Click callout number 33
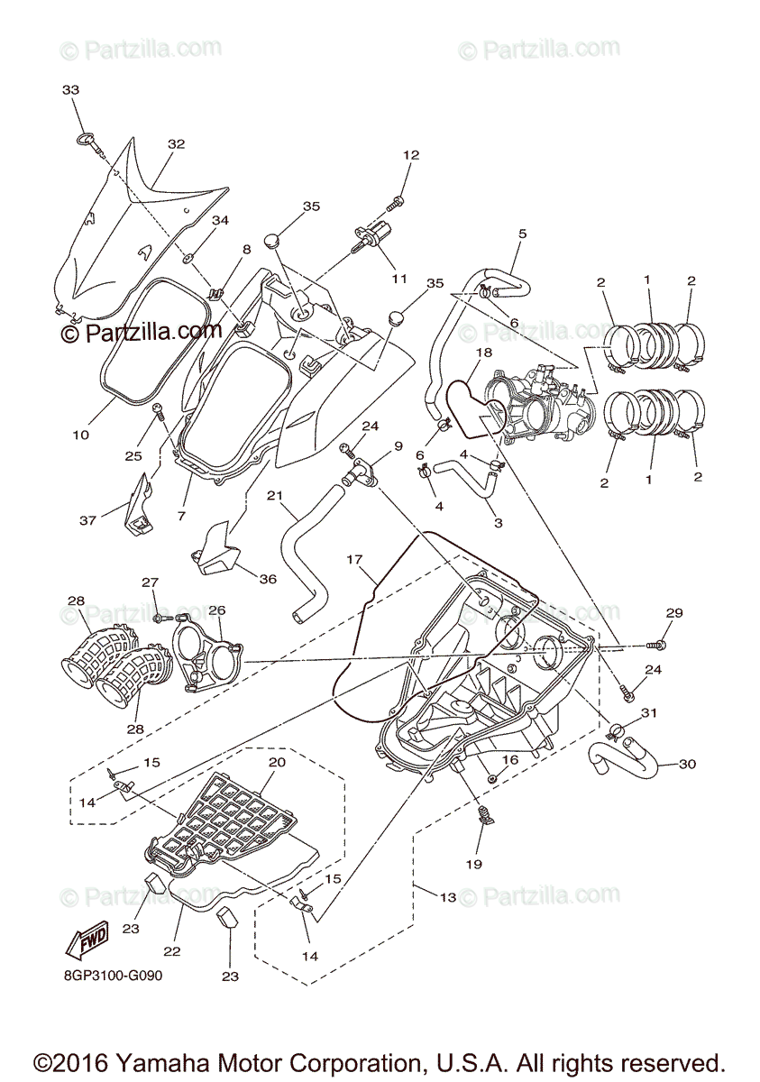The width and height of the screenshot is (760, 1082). (70, 90)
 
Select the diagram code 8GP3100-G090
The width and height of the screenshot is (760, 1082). (113, 975)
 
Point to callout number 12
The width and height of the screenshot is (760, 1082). (411, 155)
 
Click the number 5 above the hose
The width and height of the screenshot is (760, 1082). (522, 234)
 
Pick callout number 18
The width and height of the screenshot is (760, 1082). (484, 353)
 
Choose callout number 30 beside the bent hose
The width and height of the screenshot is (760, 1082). (688, 765)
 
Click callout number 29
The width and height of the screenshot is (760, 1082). (675, 613)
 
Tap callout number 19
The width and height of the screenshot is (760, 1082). (474, 864)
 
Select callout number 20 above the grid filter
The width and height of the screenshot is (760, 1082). (277, 762)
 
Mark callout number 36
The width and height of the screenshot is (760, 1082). (267, 579)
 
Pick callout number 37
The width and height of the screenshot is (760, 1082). (87, 521)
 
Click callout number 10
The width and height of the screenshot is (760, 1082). (81, 435)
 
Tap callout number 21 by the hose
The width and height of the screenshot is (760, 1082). (276, 496)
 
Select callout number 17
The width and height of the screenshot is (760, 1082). (353, 559)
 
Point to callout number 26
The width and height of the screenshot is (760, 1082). (217, 610)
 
